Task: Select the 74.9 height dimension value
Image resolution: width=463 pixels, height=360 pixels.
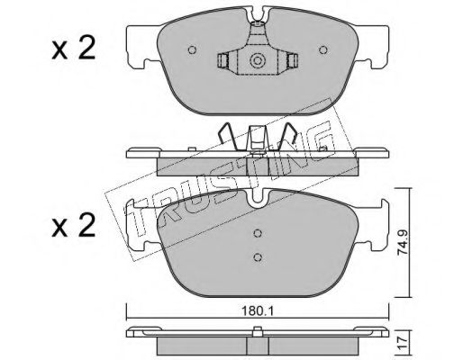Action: (x=402, y=242)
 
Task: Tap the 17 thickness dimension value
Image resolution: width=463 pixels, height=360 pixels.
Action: (x=403, y=343)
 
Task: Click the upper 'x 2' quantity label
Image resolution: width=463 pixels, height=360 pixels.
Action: (x=74, y=48)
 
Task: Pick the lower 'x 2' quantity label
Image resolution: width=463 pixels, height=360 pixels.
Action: (x=74, y=226)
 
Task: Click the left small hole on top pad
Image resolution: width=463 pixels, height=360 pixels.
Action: (x=192, y=49)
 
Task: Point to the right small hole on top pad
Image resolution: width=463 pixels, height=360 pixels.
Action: (x=323, y=49)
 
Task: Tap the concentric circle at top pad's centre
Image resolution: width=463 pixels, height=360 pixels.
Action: (x=258, y=61)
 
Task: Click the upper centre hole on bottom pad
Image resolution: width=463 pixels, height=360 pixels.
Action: (x=258, y=233)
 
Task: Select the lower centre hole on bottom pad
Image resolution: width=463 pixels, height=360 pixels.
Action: (x=258, y=256)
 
